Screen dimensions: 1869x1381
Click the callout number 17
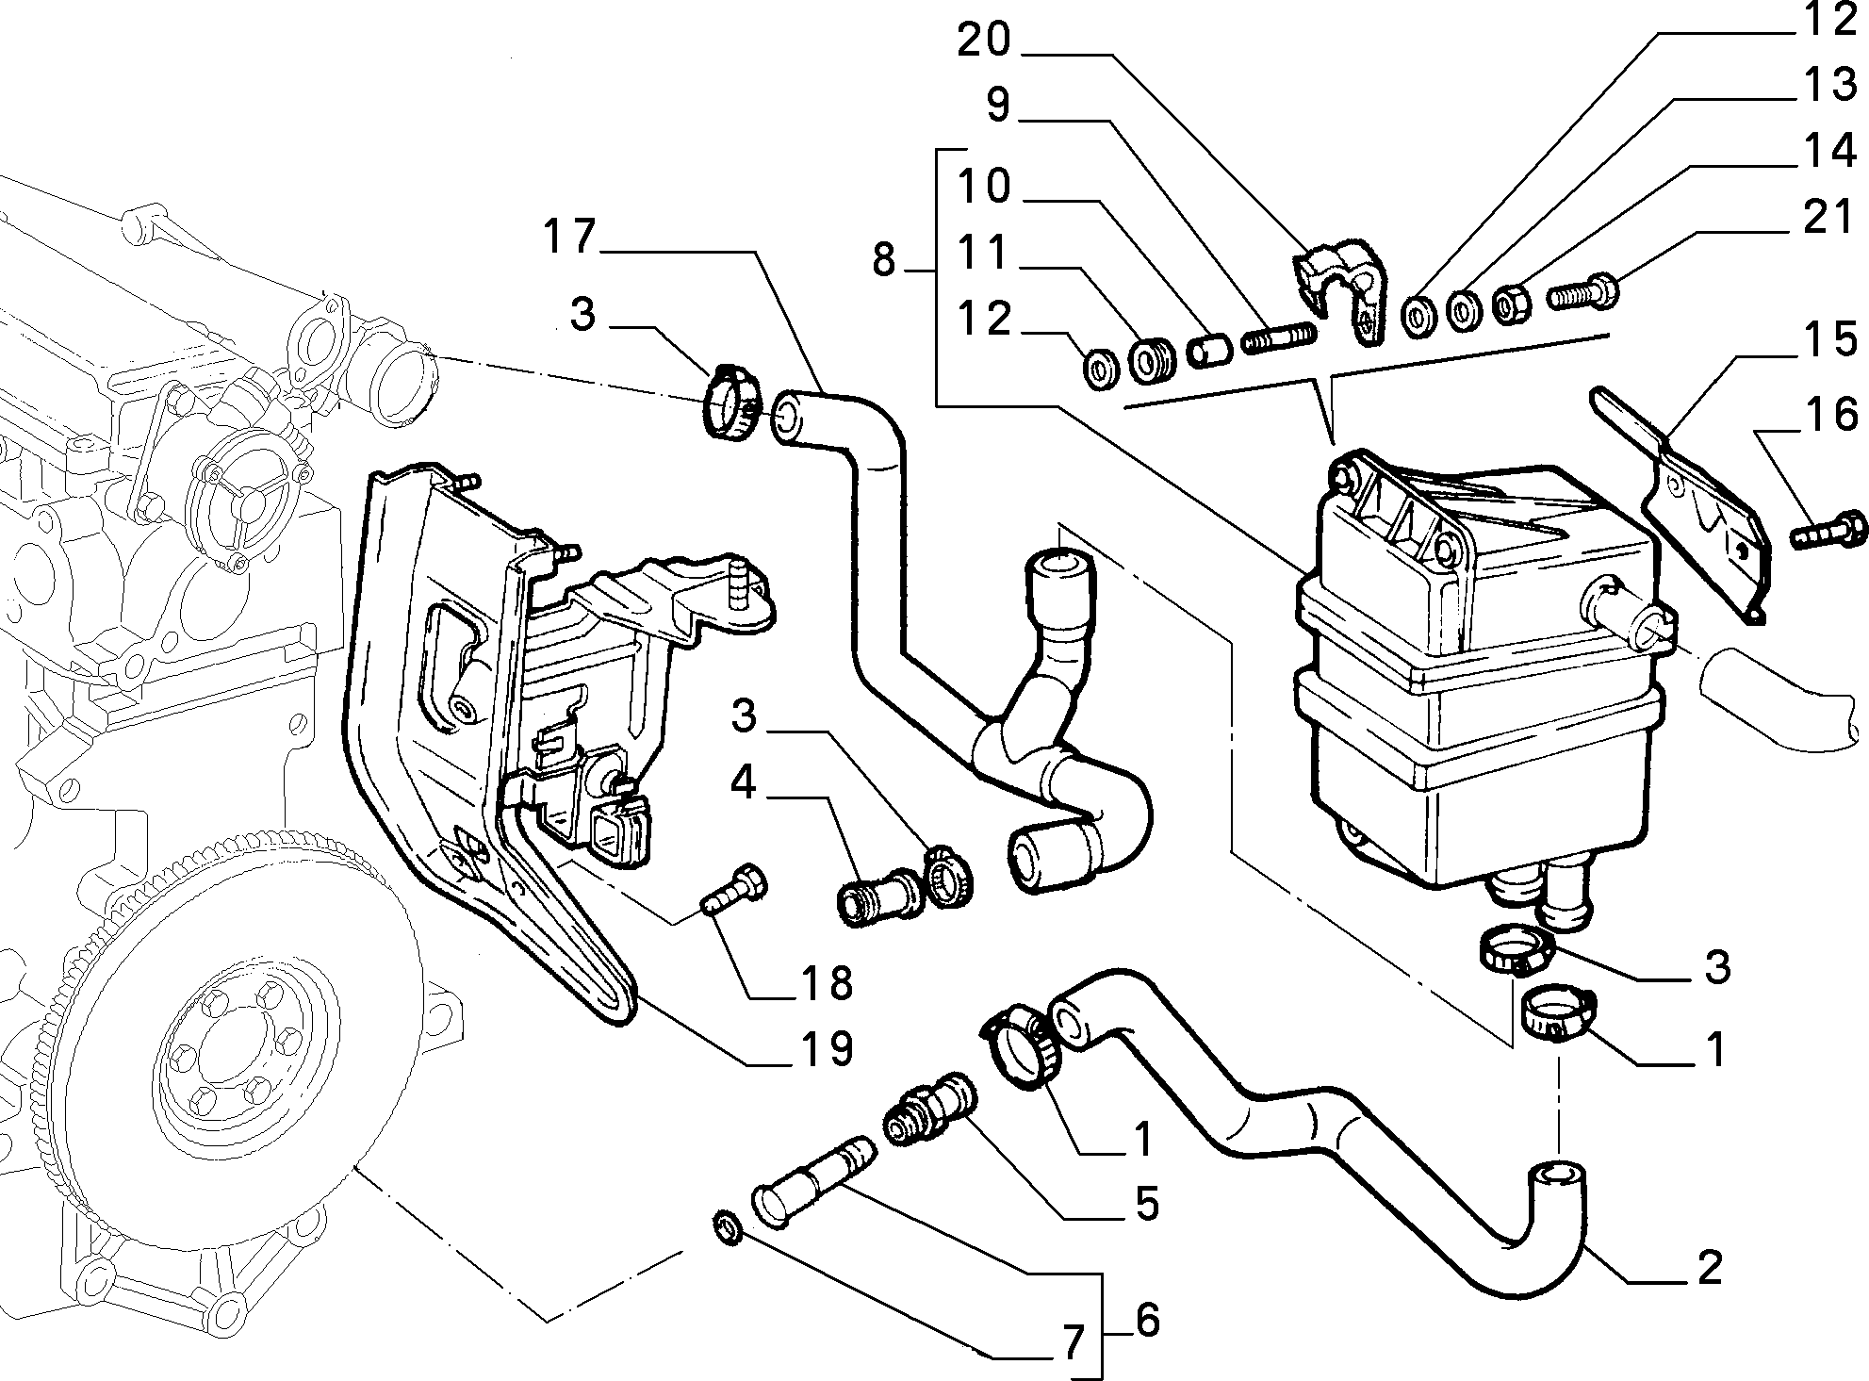tap(570, 237)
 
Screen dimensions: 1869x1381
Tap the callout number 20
tap(985, 40)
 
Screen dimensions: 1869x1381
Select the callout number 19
tap(827, 1048)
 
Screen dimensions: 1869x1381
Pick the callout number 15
tap(1829, 339)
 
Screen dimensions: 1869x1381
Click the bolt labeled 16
tap(1828, 532)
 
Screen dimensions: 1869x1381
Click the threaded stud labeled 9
tap(1280, 337)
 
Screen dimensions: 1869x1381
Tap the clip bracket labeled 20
tap(1343, 290)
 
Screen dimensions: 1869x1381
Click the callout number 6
tap(1146, 1321)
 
